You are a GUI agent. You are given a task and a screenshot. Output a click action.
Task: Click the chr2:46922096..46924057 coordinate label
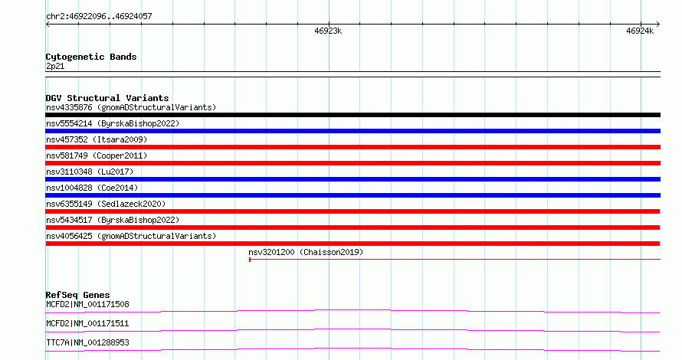99,17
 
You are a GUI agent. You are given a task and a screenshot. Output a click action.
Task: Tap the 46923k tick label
328,31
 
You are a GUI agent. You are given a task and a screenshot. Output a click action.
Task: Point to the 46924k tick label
640,31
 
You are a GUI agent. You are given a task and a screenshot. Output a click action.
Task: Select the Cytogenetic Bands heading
91,57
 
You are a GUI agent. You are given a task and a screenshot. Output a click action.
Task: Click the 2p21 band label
55,66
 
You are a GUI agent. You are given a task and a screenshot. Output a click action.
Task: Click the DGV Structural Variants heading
107,98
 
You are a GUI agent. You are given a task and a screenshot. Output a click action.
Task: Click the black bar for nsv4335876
352,115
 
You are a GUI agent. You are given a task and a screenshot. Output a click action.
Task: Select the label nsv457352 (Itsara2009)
97,139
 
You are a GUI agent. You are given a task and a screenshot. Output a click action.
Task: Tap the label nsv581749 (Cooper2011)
97,155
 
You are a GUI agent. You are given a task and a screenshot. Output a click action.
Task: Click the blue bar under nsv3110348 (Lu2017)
352,179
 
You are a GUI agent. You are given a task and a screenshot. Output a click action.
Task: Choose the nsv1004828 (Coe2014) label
92,188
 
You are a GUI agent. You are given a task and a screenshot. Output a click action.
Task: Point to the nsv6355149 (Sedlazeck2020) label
106,204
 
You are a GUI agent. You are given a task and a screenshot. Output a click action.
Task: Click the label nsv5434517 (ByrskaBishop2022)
113,220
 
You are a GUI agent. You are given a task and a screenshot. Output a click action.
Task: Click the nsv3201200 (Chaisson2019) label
306,252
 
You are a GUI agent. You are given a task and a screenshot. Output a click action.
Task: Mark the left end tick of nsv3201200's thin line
250,260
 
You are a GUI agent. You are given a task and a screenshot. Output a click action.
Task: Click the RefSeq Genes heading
78,295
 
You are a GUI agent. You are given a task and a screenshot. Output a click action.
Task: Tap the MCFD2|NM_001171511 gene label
87,323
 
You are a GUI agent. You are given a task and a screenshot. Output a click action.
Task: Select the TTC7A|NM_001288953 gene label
87,342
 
